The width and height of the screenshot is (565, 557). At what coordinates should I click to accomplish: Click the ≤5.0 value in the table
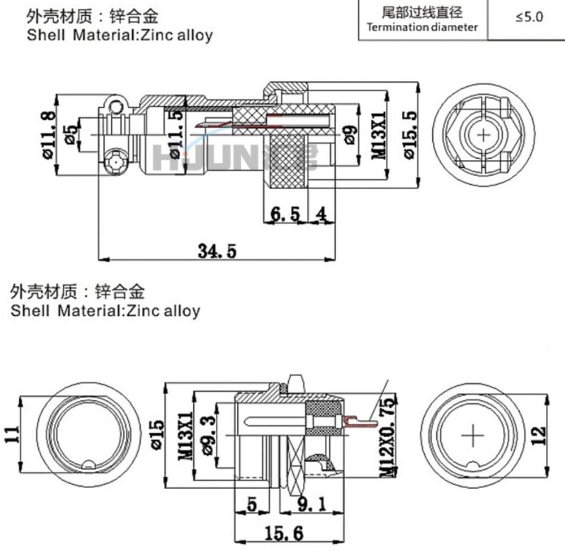coord(529,17)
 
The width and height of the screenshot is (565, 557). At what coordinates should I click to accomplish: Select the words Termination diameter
coord(422,27)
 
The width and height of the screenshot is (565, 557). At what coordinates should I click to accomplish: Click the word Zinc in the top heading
coord(151,35)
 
